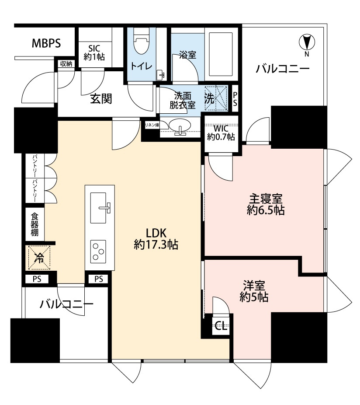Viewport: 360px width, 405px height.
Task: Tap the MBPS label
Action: pyautogui.click(x=46, y=43)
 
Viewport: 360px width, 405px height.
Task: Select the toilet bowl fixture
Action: pyautogui.click(x=142, y=41)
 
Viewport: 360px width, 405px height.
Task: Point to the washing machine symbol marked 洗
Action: pyautogui.click(x=216, y=98)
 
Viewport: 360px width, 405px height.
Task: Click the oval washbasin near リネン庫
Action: pyautogui.click(x=180, y=125)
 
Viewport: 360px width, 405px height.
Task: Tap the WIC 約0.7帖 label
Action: pyautogui.click(x=221, y=133)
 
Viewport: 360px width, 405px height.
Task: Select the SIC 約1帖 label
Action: pyautogui.click(x=94, y=52)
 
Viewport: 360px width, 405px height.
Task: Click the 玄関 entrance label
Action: pyautogui.click(x=101, y=99)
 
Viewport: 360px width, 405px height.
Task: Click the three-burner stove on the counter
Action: pyautogui.click(x=98, y=251)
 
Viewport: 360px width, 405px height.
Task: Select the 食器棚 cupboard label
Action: pyautogui.click(x=35, y=224)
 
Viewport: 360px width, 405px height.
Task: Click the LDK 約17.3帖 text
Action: pyautogui.click(x=156, y=239)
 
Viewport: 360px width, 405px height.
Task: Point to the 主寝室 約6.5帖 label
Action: pyautogui.click(x=266, y=205)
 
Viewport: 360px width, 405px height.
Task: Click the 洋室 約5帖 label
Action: pyautogui.click(x=254, y=291)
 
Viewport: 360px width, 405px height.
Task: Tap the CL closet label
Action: pyautogui.click(x=221, y=326)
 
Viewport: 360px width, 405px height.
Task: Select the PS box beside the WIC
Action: pyautogui.click(x=235, y=99)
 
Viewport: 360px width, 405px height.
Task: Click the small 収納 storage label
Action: pyautogui.click(x=66, y=63)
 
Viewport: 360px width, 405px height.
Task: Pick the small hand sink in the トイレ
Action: pyautogui.click(x=161, y=75)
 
